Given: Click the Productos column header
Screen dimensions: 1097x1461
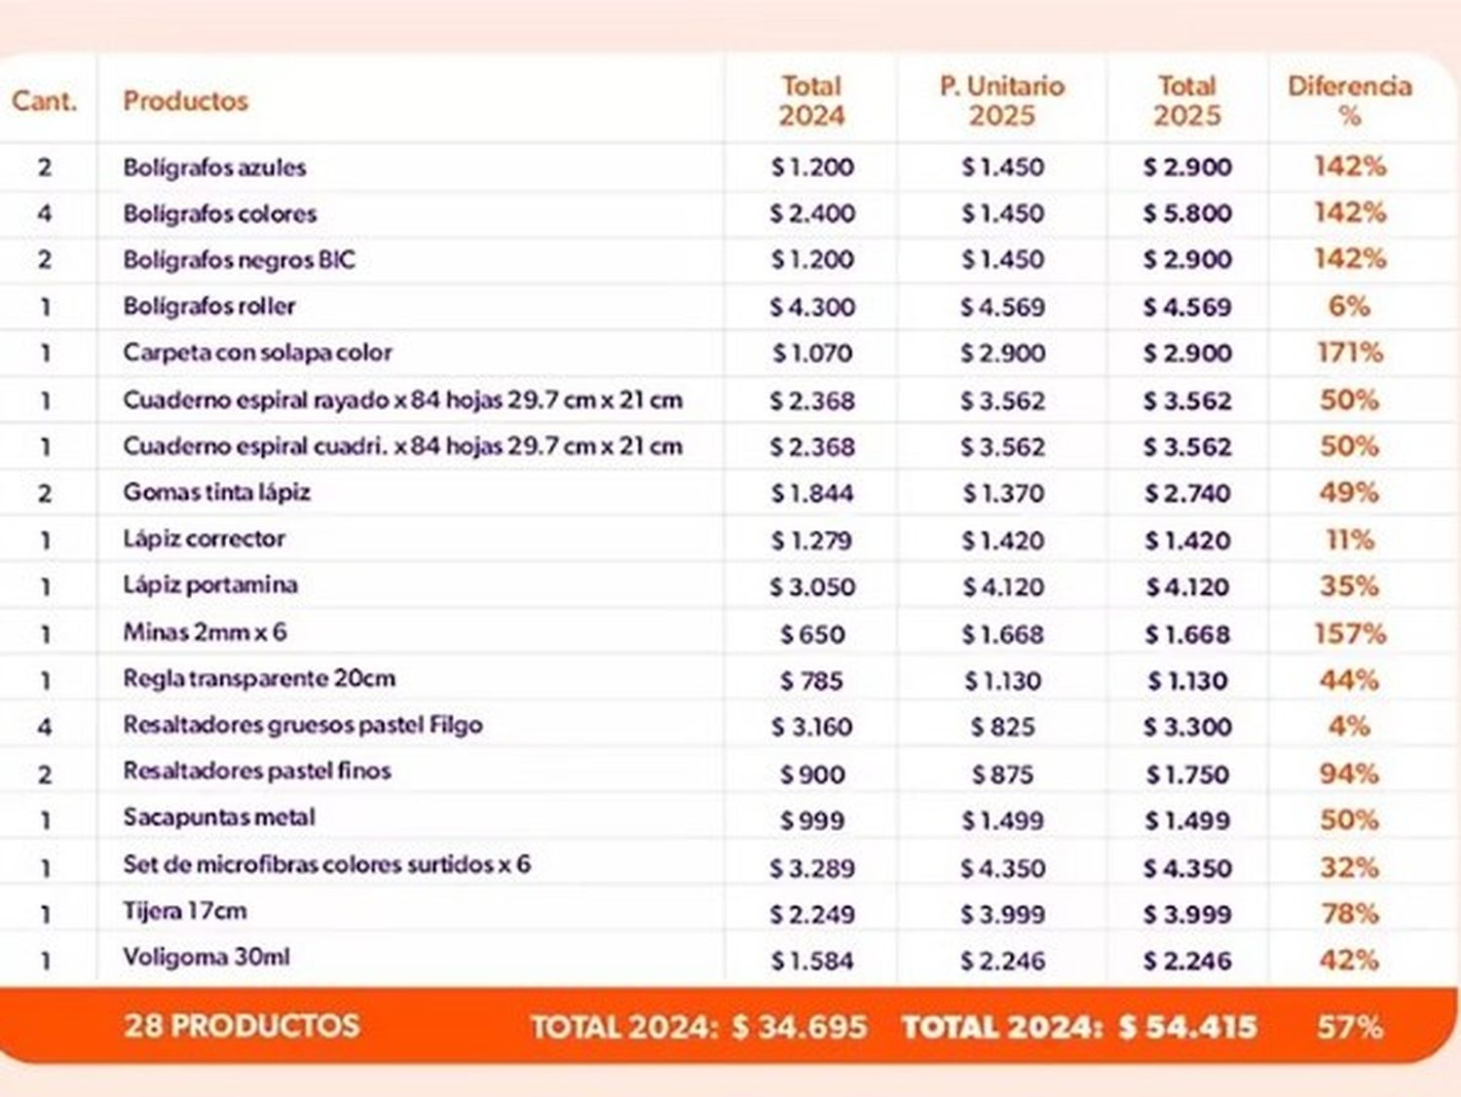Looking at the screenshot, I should pyautogui.click(x=185, y=100).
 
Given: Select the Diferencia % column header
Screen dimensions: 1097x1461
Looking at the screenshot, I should pyautogui.click(x=1349, y=100).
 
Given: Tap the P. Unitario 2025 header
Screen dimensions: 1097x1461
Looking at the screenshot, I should pyautogui.click(x=1001, y=100).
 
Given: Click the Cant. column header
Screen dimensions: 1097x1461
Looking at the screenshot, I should pyautogui.click(x=44, y=100).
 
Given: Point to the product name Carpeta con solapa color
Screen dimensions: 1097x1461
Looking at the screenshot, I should pyautogui.click(x=257, y=353).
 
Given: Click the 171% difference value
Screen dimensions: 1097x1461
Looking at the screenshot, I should pyautogui.click(x=1349, y=353).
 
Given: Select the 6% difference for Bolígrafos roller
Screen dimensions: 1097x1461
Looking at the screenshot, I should pyautogui.click(x=1349, y=306).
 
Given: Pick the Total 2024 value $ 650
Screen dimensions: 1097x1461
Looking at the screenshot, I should pyautogui.click(x=811, y=634).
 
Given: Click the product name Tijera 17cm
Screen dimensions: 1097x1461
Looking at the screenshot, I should pyautogui.click(x=184, y=912).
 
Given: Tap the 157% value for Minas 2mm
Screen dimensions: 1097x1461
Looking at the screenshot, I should pyautogui.click(x=1349, y=634).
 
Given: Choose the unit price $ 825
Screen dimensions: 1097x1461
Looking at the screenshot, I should pyautogui.click(x=1002, y=727).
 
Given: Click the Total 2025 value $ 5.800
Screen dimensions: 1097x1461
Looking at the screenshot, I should pyautogui.click(x=1187, y=213).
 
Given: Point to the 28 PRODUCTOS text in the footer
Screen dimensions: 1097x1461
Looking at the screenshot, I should pyautogui.click(x=242, y=1026).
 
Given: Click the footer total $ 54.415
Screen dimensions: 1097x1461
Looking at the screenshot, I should pyautogui.click(x=1187, y=1027).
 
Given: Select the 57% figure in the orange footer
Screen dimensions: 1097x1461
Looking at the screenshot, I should pyautogui.click(x=1349, y=1027).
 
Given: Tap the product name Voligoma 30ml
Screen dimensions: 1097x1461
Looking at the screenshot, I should pyautogui.click(x=206, y=958).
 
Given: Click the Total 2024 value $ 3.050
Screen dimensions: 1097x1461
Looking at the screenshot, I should pyautogui.click(x=811, y=587).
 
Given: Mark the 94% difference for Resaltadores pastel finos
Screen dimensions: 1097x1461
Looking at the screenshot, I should pyautogui.click(x=1349, y=775).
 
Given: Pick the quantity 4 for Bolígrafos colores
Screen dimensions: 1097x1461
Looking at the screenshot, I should pyautogui.click(x=45, y=213).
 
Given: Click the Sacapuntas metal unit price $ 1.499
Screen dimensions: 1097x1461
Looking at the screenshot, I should pyautogui.click(x=1002, y=821).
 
